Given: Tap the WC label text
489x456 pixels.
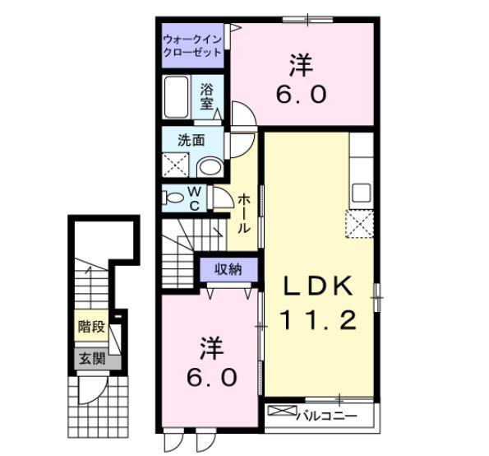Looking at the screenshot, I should (x=196, y=198).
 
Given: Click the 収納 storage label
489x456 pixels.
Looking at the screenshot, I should (x=228, y=269).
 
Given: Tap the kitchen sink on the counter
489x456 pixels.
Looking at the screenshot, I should (x=362, y=194).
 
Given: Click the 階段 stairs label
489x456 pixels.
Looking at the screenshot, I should (x=92, y=326).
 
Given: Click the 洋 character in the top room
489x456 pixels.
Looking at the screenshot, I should (x=302, y=63).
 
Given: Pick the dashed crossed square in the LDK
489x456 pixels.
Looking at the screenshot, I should (x=360, y=223).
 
